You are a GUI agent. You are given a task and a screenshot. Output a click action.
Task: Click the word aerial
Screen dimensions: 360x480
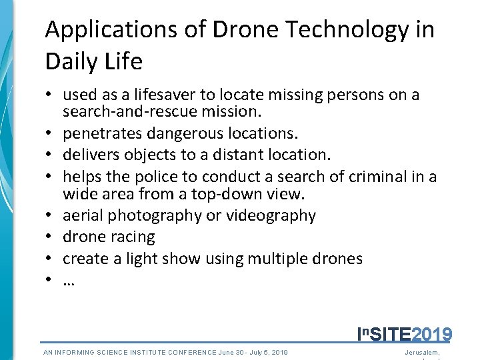[83, 215]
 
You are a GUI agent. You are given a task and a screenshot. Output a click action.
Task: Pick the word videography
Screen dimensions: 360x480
[271, 215]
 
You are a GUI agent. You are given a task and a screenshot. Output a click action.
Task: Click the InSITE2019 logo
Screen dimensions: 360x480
[405, 334]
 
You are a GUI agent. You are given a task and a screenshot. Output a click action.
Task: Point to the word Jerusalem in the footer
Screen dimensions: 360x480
[422, 352]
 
